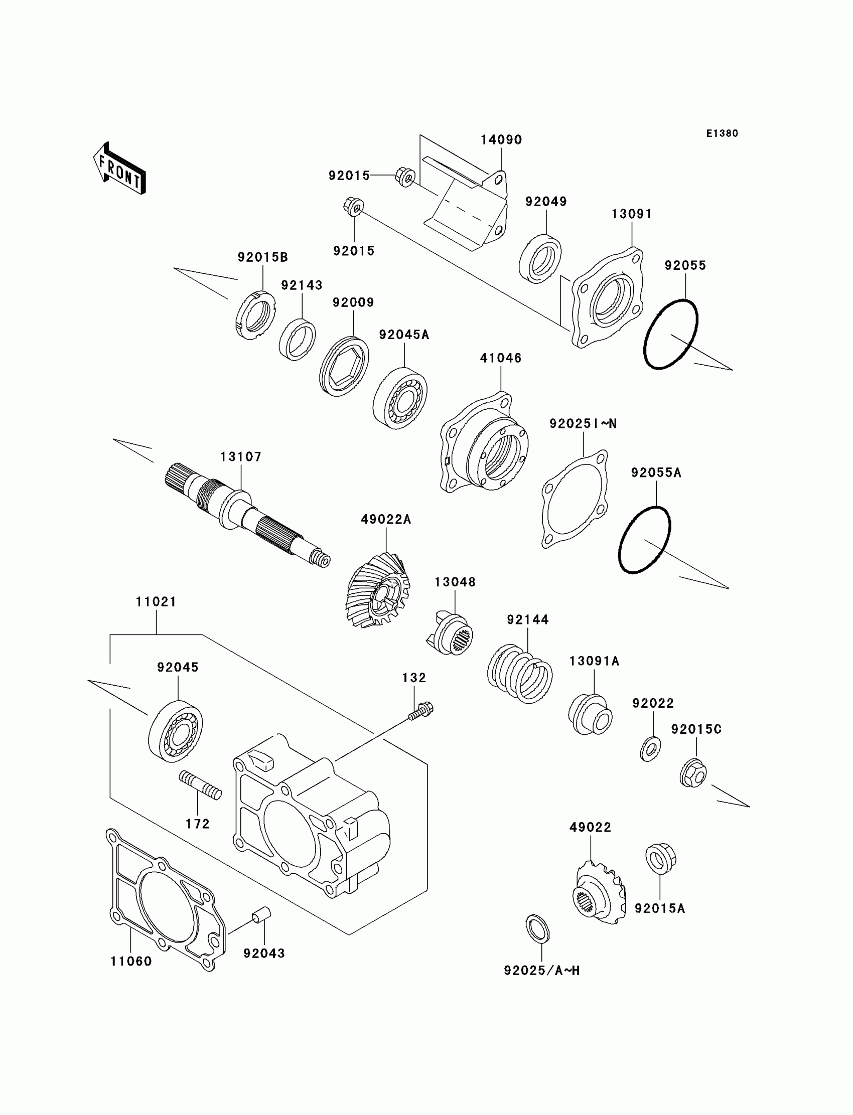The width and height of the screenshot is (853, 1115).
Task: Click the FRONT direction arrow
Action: [120, 169]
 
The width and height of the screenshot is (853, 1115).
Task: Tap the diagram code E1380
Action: [722, 133]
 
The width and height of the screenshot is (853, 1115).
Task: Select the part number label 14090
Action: [501, 139]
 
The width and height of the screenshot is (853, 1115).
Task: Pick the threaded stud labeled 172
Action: [200, 785]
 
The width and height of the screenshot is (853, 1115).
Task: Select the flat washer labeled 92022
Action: [650, 748]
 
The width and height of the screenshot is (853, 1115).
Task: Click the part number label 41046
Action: [501, 358]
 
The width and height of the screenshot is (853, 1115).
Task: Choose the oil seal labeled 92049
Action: [540, 258]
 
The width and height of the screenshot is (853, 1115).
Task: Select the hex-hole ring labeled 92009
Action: [345, 367]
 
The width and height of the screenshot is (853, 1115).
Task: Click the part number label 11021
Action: [156, 602]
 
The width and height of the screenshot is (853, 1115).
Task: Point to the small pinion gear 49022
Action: [599, 891]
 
